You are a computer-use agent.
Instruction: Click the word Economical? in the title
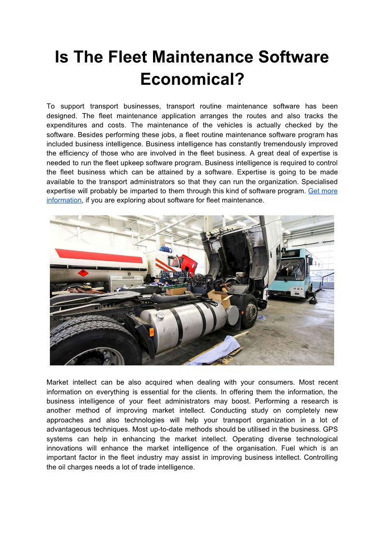(192, 79)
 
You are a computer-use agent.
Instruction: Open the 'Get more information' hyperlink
(323, 191)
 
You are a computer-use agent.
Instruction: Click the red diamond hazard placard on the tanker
(83, 273)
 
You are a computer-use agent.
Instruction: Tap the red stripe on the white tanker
(100, 256)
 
